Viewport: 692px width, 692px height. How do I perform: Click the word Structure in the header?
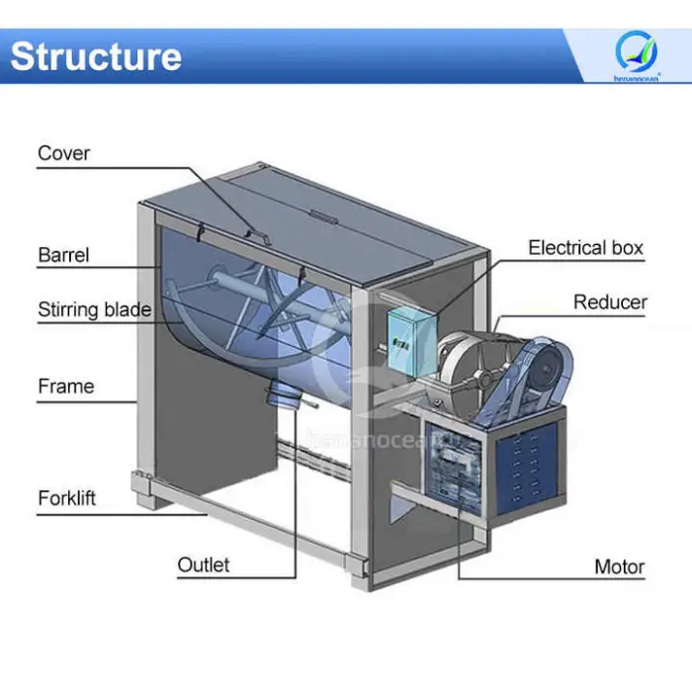coord(96,56)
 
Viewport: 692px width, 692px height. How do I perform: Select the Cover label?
coord(63,153)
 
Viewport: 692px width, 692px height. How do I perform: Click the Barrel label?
coord(63,255)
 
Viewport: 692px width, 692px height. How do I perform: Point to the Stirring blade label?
coord(95,309)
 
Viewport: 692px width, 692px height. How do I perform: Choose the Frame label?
coord(65,386)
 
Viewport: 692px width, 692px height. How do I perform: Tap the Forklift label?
coord(67,497)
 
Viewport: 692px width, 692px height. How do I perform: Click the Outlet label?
coord(204,564)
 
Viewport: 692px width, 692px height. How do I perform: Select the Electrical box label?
coord(585,247)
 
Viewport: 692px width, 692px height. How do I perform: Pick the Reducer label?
coord(610,303)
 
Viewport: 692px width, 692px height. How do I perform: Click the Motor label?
coord(619,566)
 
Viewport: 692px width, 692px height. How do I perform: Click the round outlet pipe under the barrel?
coord(284,395)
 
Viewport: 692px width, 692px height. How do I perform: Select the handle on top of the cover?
coord(256,234)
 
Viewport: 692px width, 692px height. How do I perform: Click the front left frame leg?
coord(145,356)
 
